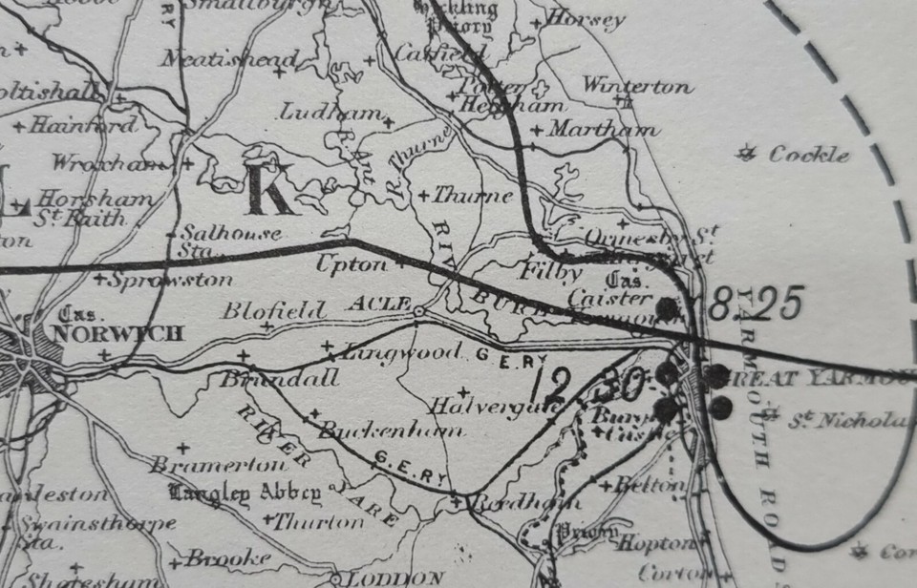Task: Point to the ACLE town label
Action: click(378, 304)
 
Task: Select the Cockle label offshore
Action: click(808, 154)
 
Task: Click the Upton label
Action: click(351, 264)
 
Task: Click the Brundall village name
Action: click(279, 379)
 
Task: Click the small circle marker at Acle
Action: click(417, 310)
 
